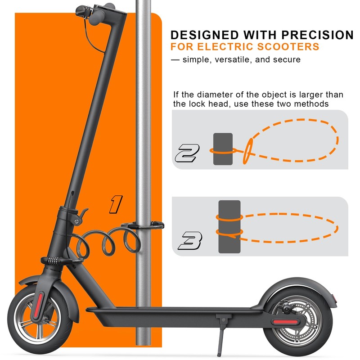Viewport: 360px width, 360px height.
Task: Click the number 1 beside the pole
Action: tap(116, 204)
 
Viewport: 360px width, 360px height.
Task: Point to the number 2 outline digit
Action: tap(186, 154)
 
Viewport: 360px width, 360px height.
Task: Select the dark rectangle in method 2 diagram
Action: tap(223, 149)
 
